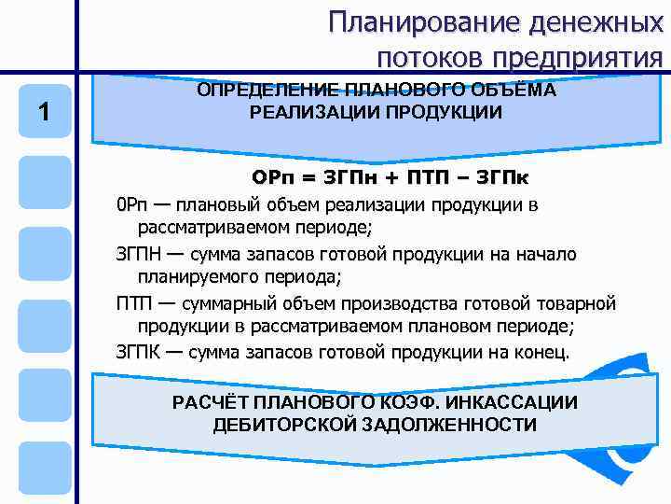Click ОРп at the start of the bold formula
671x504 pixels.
coord(272,177)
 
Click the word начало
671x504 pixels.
coord(547,255)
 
